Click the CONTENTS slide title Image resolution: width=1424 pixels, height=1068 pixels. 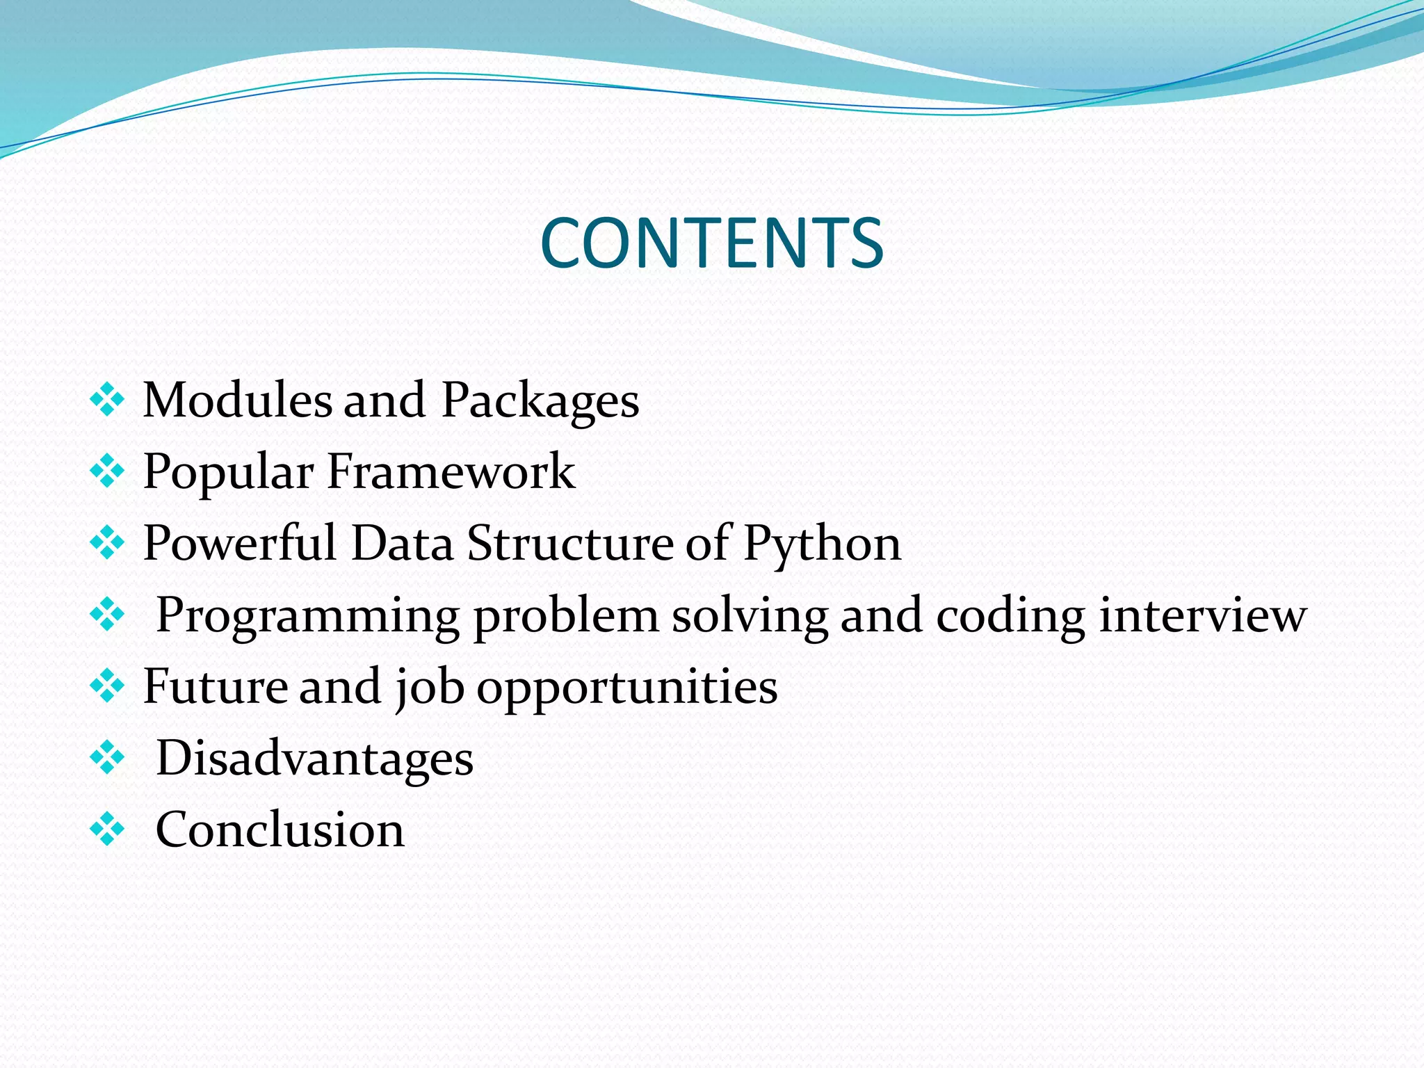(x=711, y=243)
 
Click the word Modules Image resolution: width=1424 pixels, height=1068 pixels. (x=237, y=400)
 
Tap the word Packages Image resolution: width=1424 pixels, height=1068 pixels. (x=540, y=402)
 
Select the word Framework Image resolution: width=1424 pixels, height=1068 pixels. (x=451, y=471)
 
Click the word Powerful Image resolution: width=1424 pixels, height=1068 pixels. (x=240, y=543)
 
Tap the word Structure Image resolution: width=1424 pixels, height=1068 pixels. (x=570, y=543)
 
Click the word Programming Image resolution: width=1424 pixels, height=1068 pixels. (x=307, y=617)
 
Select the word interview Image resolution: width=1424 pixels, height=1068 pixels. (x=1202, y=615)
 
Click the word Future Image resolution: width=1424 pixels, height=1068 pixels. (x=215, y=686)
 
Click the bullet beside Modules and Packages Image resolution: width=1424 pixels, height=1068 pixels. (x=107, y=400)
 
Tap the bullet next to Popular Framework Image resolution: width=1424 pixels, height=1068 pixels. (x=107, y=472)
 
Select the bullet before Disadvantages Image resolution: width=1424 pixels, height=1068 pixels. (x=107, y=758)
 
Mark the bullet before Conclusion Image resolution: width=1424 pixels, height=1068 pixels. (x=107, y=830)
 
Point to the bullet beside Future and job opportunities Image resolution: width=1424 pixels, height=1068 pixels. (x=107, y=686)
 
